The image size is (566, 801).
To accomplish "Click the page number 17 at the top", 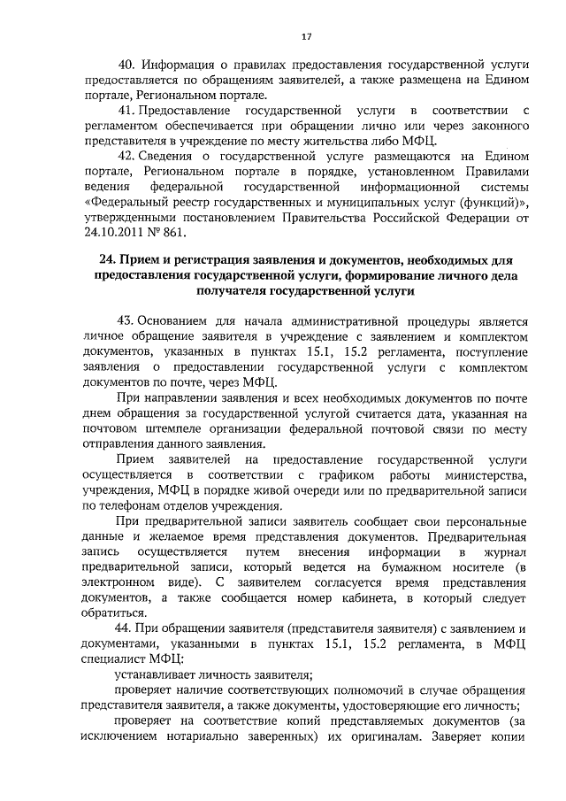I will coord(306,36).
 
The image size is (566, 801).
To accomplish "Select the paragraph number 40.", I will coord(126,65).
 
